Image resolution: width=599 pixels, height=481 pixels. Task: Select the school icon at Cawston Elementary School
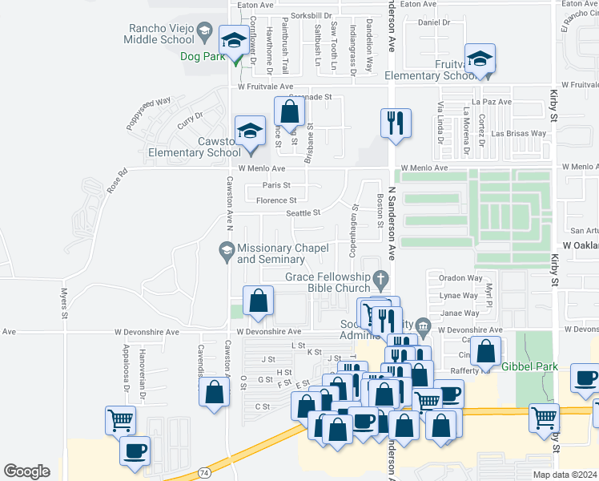[x=250, y=131]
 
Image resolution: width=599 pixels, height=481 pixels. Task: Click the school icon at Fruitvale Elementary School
[x=480, y=59]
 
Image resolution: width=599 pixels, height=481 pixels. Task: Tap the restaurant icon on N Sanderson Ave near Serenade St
[x=396, y=123]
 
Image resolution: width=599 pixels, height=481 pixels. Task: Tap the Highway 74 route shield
[x=205, y=474]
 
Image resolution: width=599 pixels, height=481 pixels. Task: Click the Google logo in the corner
[x=26, y=471]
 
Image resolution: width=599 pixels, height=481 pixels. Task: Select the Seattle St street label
[x=304, y=212]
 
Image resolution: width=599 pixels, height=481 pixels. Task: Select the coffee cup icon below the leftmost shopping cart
[x=135, y=450]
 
